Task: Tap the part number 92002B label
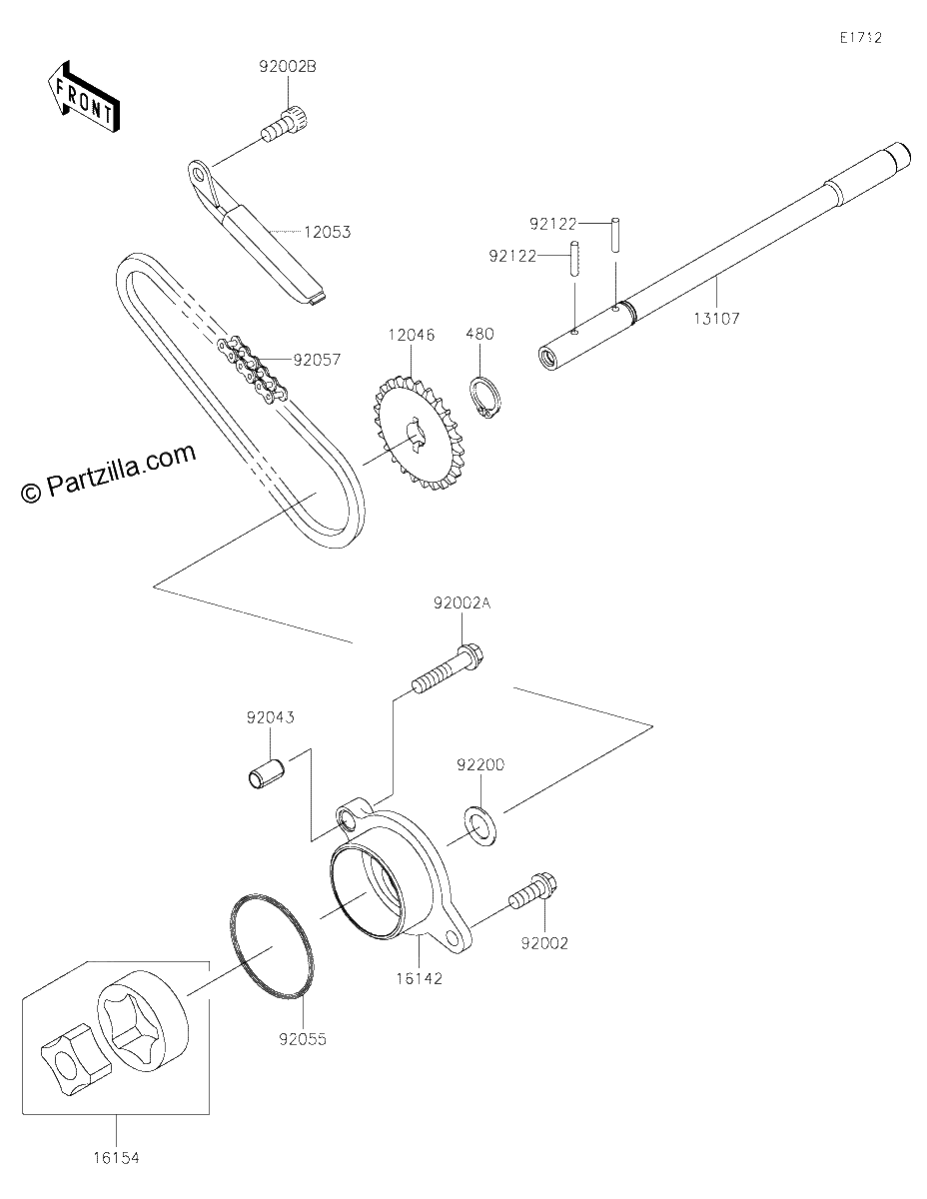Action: (x=288, y=67)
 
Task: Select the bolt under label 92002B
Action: (x=285, y=125)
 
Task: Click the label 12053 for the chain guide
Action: (x=327, y=232)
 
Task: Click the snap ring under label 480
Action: (x=485, y=399)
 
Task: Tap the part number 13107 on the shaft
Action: (x=716, y=319)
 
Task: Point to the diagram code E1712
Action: (x=861, y=38)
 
